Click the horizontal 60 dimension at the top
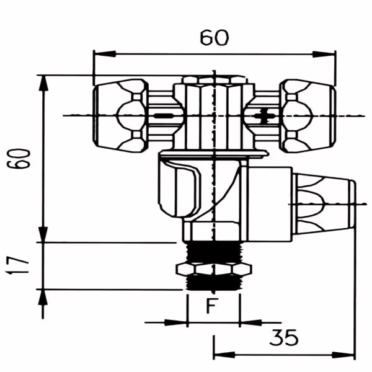pos(215,38)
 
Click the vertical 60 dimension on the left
pos(19,159)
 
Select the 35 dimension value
pos(284,337)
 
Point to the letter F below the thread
pos(212,306)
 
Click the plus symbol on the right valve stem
pos(263,116)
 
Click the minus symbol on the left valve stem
pos(163,116)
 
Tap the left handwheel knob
pos(120,115)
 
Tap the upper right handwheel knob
pos(308,115)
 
